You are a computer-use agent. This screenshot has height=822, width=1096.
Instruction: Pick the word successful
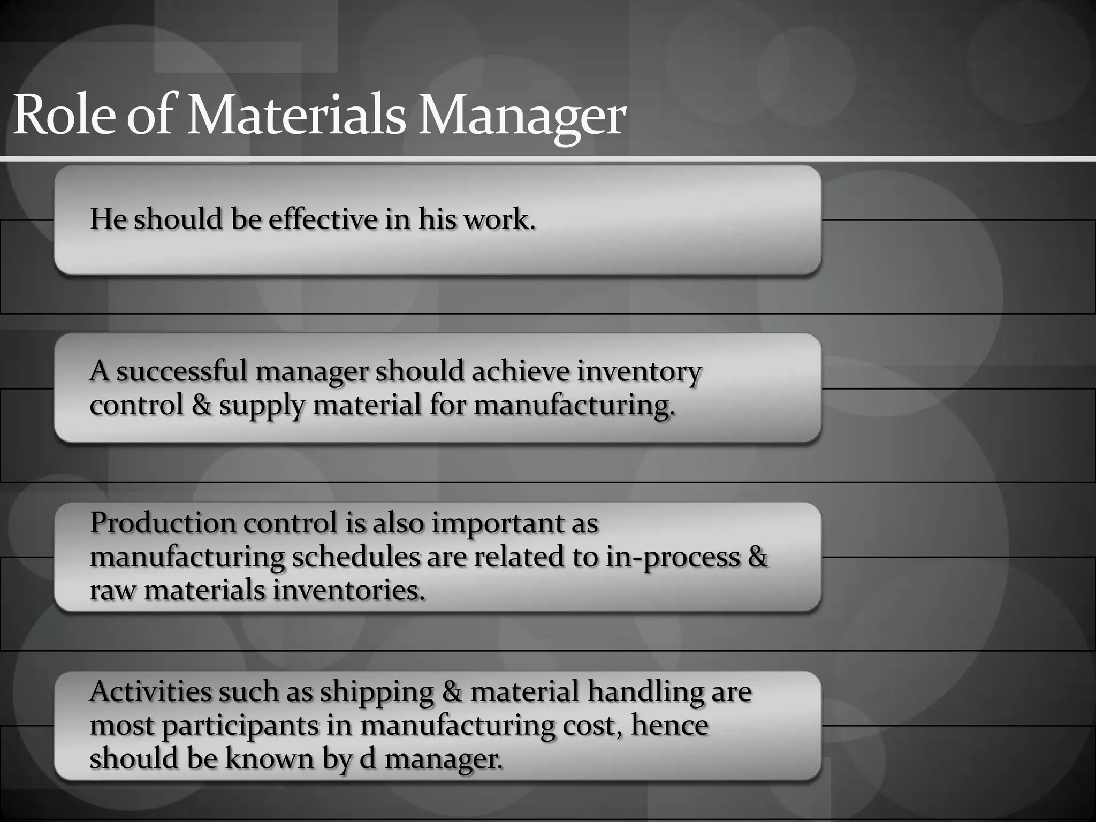181,371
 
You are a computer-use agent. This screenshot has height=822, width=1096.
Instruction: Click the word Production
163,523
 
